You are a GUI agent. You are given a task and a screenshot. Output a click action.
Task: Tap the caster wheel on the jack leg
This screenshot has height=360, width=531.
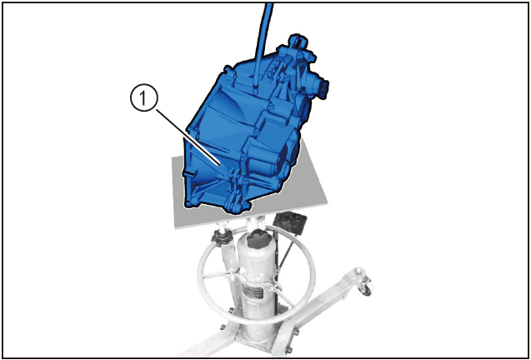coord(366,287)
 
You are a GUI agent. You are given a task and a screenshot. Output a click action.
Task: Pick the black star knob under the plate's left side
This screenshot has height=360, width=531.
coord(223,238)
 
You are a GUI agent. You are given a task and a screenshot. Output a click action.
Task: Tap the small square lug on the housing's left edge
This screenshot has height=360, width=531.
coord(189,173)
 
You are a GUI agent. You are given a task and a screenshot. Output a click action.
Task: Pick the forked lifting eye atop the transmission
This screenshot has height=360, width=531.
coord(298,43)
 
